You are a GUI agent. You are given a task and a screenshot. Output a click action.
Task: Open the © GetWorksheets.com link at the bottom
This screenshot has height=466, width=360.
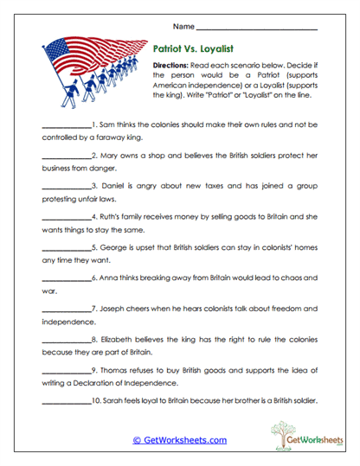click(180, 440)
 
